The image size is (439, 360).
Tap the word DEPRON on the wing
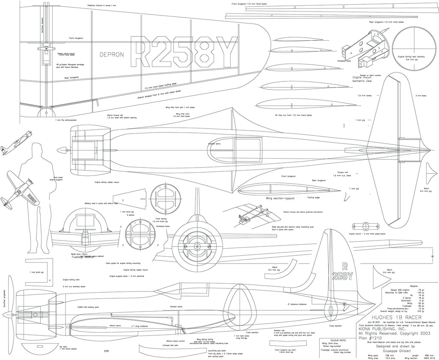(x=111, y=54)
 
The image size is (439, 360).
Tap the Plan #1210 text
(x=371, y=337)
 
